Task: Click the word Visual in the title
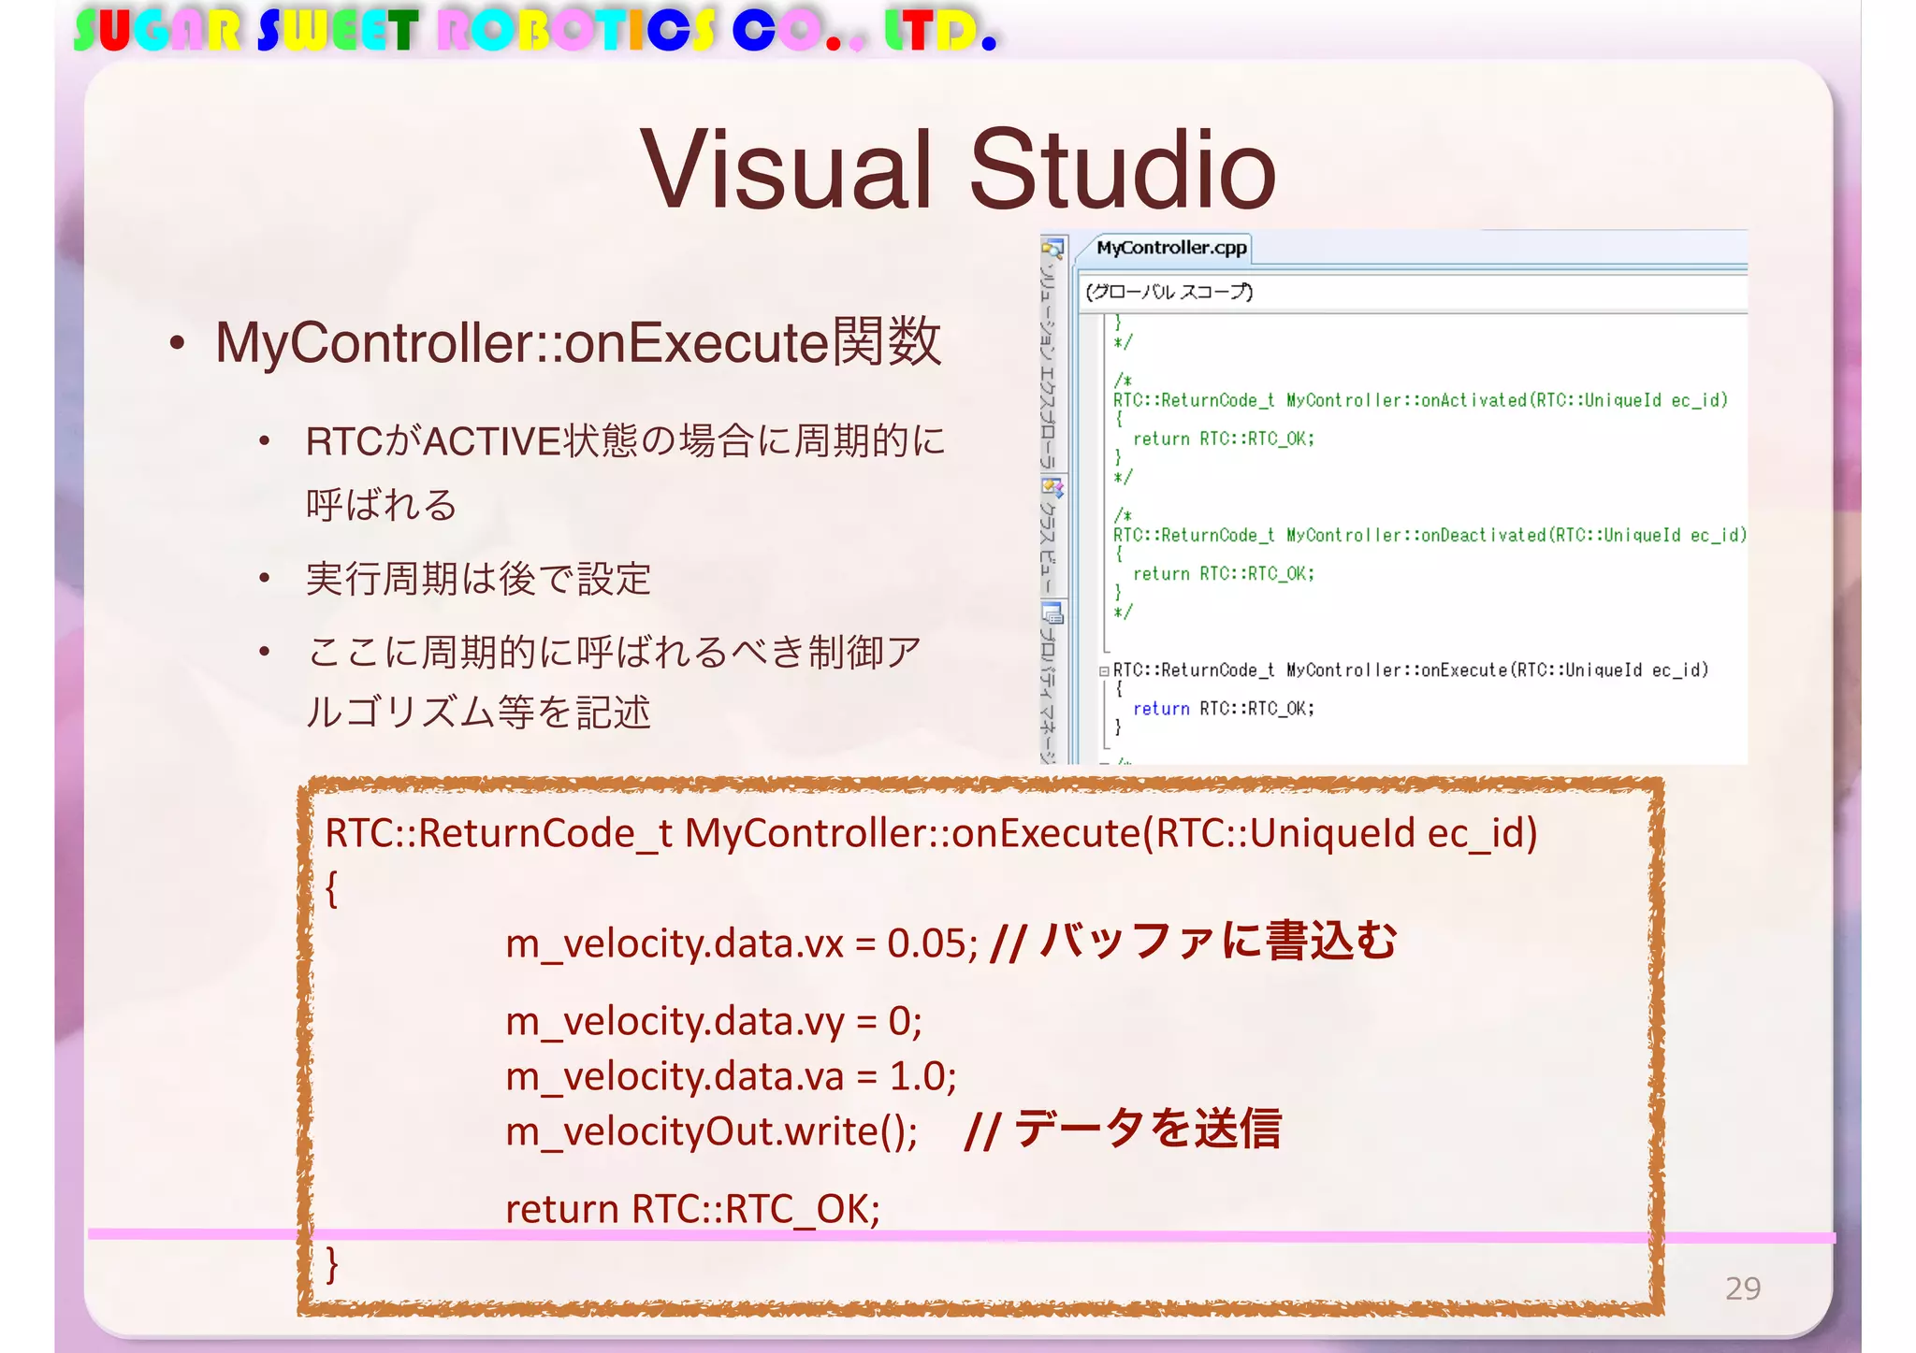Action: pyautogui.click(x=787, y=171)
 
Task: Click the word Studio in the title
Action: pyautogui.click(x=1123, y=171)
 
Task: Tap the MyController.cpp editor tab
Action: pyautogui.click(x=1171, y=248)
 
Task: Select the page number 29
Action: pyautogui.click(x=1743, y=1288)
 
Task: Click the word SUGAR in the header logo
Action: pyautogui.click(x=157, y=31)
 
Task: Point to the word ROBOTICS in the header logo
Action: pyautogui.click(x=576, y=31)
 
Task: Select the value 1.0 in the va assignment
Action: pyautogui.click(x=921, y=1077)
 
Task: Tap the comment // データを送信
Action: pyautogui.click(x=1122, y=1130)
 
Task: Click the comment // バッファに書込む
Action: pyautogui.click(x=1194, y=942)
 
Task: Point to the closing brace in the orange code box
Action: pyautogui.click(x=331, y=1264)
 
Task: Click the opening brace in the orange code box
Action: pyautogui.click(x=331, y=888)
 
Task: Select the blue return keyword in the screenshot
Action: pyautogui.click(x=1161, y=709)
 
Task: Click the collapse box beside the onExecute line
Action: pyautogui.click(x=1104, y=670)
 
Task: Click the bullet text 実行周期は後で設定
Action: pyautogui.click(x=478, y=579)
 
